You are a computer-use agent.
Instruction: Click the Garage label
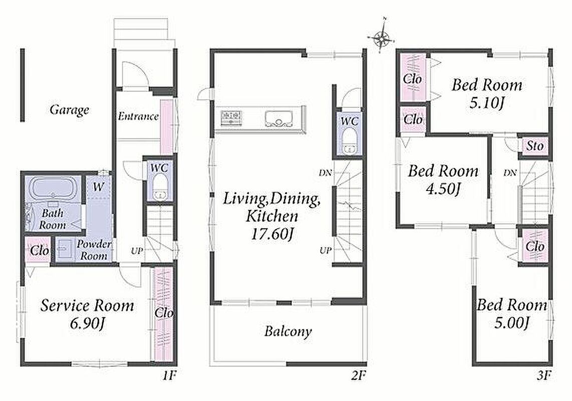click(x=69, y=110)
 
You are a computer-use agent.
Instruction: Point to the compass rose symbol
click(x=381, y=37)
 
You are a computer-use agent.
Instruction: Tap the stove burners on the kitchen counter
click(x=231, y=118)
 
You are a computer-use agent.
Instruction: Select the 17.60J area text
click(x=272, y=234)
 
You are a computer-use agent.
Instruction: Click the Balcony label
click(x=288, y=332)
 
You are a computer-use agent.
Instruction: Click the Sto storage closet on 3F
click(x=534, y=146)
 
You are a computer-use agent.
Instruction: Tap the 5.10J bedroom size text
click(x=487, y=103)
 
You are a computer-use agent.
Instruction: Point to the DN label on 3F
click(x=510, y=172)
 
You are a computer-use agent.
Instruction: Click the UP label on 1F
click(x=137, y=251)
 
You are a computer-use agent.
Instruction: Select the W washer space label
click(x=98, y=187)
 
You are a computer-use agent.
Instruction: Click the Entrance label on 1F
click(x=138, y=116)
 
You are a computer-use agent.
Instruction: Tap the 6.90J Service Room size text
click(x=87, y=324)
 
